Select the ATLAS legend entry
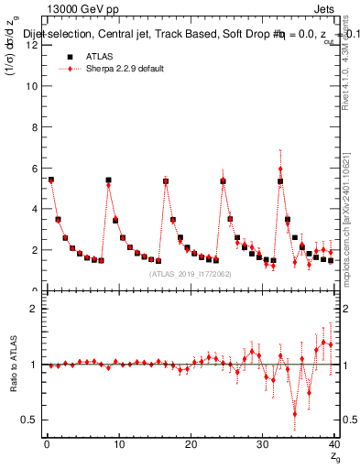pyautogui.click(x=98, y=56)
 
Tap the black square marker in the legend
pyautogui.click(x=65, y=56)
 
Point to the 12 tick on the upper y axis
pyautogui.click(x=36, y=46)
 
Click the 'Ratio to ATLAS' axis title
pyautogui.click(x=12, y=365)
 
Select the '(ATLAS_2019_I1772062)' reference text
pyautogui.click(x=191, y=273)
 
